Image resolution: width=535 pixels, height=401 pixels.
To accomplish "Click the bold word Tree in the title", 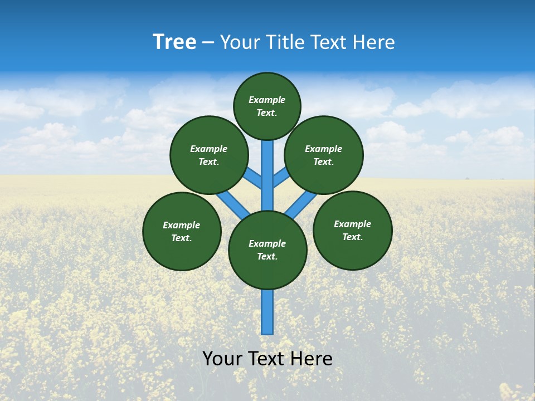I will [x=174, y=42].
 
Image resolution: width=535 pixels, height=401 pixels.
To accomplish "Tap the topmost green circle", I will [x=267, y=106].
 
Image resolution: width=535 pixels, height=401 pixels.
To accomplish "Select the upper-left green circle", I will [x=209, y=155].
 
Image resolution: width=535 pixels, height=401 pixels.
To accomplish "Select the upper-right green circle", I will [x=324, y=155].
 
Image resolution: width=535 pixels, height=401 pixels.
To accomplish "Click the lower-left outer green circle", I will [x=182, y=231].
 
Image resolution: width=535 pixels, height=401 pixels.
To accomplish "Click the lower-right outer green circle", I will [x=353, y=230].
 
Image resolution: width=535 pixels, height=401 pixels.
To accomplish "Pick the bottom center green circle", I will [x=267, y=250].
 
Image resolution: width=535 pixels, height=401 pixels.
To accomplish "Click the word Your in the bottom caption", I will [x=222, y=358].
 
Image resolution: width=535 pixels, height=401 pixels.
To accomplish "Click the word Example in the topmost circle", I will [x=267, y=100].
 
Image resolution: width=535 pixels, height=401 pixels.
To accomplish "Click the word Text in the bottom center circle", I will [x=266, y=256].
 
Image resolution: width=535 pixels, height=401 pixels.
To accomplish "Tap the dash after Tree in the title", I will [x=208, y=43].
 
